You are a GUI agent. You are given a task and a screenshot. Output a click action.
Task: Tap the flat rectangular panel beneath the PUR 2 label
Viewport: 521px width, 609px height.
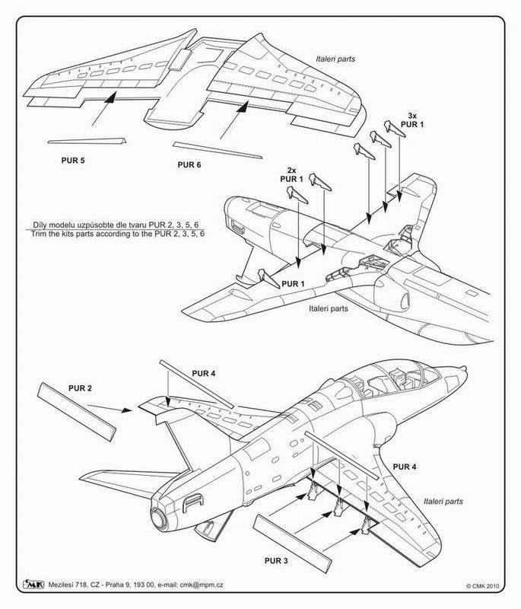tap(76, 412)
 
